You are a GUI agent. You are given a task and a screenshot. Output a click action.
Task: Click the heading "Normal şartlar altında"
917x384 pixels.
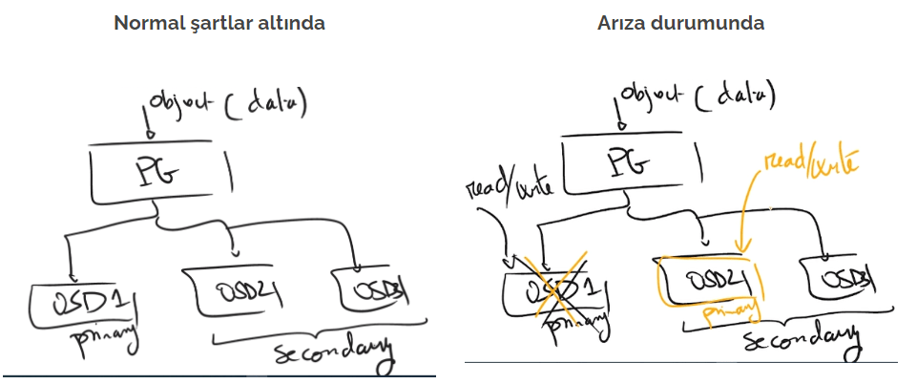[219, 23]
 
